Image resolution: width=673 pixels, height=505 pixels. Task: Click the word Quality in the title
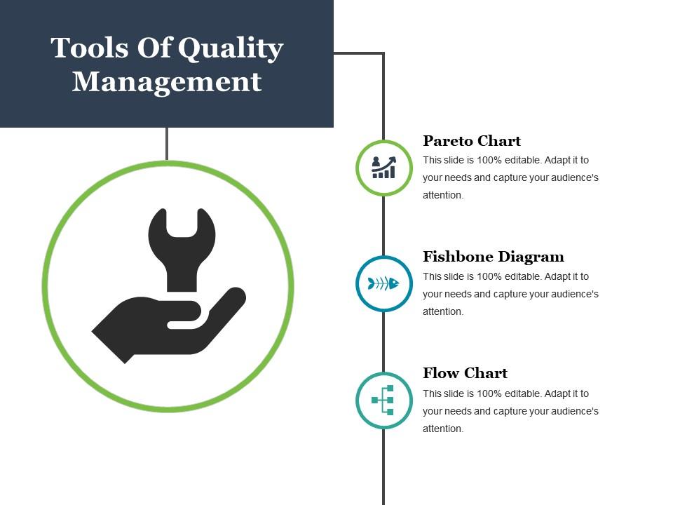pos(231,49)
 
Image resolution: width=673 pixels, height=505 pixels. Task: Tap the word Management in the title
pos(167,81)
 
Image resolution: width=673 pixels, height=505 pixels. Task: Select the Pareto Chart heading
pos(472,140)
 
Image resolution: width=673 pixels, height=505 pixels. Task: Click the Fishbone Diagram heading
pos(493,257)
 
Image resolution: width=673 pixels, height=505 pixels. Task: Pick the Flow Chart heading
pos(465,373)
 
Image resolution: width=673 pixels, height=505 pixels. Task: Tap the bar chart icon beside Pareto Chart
pos(383,168)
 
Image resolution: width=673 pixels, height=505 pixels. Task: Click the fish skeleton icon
pos(383,283)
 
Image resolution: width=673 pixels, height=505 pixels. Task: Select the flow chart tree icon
pos(383,400)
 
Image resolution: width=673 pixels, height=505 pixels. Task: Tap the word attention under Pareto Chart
pos(443,195)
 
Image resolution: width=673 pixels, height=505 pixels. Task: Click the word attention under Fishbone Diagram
pos(443,311)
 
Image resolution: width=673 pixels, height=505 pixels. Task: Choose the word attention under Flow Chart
pos(443,429)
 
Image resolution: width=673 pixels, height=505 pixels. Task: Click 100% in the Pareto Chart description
pos(489,160)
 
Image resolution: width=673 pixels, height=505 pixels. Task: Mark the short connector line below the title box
pos(167,144)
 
